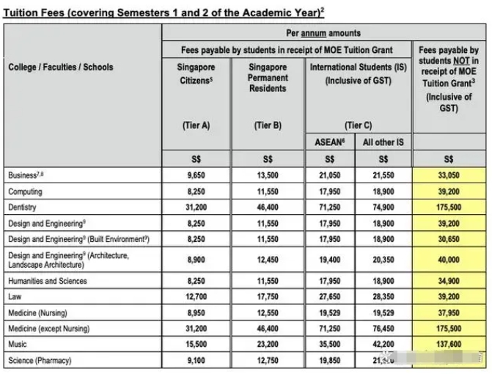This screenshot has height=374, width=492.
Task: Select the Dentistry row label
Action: [23, 208]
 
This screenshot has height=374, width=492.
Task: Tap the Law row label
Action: [15, 296]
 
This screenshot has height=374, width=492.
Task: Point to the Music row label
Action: [18, 344]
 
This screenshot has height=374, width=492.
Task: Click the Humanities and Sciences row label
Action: [48, 281]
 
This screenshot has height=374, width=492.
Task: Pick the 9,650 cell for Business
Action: [195, 176]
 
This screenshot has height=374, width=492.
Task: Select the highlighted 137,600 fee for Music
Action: [449, 345]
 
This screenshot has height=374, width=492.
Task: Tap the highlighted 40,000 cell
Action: [449, 260]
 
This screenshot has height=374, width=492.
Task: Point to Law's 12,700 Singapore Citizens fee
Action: [195, 297]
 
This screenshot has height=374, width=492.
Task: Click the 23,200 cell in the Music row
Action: [267, 345]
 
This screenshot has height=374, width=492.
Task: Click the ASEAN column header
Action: [329, 142]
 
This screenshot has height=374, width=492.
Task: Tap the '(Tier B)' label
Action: [267, 125]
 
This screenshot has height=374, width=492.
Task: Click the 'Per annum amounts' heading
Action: [323, 33]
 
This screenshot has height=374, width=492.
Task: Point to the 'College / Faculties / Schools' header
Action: [61, 67]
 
